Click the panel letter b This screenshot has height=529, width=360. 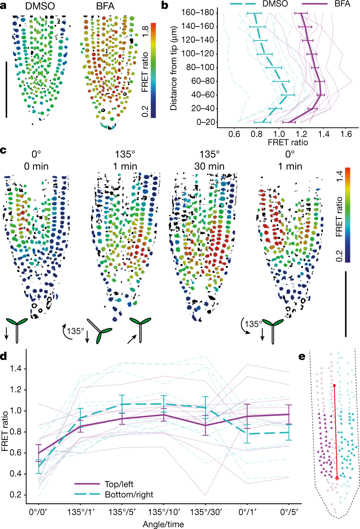165,5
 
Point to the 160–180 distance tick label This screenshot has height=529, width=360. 197,13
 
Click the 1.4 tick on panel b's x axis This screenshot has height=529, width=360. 324,134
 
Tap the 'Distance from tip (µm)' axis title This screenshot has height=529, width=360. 174,68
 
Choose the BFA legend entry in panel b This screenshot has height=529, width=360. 342,4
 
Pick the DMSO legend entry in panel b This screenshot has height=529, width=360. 275,4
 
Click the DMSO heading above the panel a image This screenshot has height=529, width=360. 40,6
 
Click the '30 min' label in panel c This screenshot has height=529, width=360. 209,166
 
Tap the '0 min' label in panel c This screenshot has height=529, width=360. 36,166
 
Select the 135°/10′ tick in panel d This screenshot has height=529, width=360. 164,512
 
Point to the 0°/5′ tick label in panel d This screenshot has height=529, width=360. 289,512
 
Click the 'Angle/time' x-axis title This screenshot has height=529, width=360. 163,524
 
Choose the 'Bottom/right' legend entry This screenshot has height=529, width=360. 129,495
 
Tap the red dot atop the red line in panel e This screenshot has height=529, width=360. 334,386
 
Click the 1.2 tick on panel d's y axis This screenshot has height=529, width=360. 15,389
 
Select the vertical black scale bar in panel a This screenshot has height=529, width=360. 6,89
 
